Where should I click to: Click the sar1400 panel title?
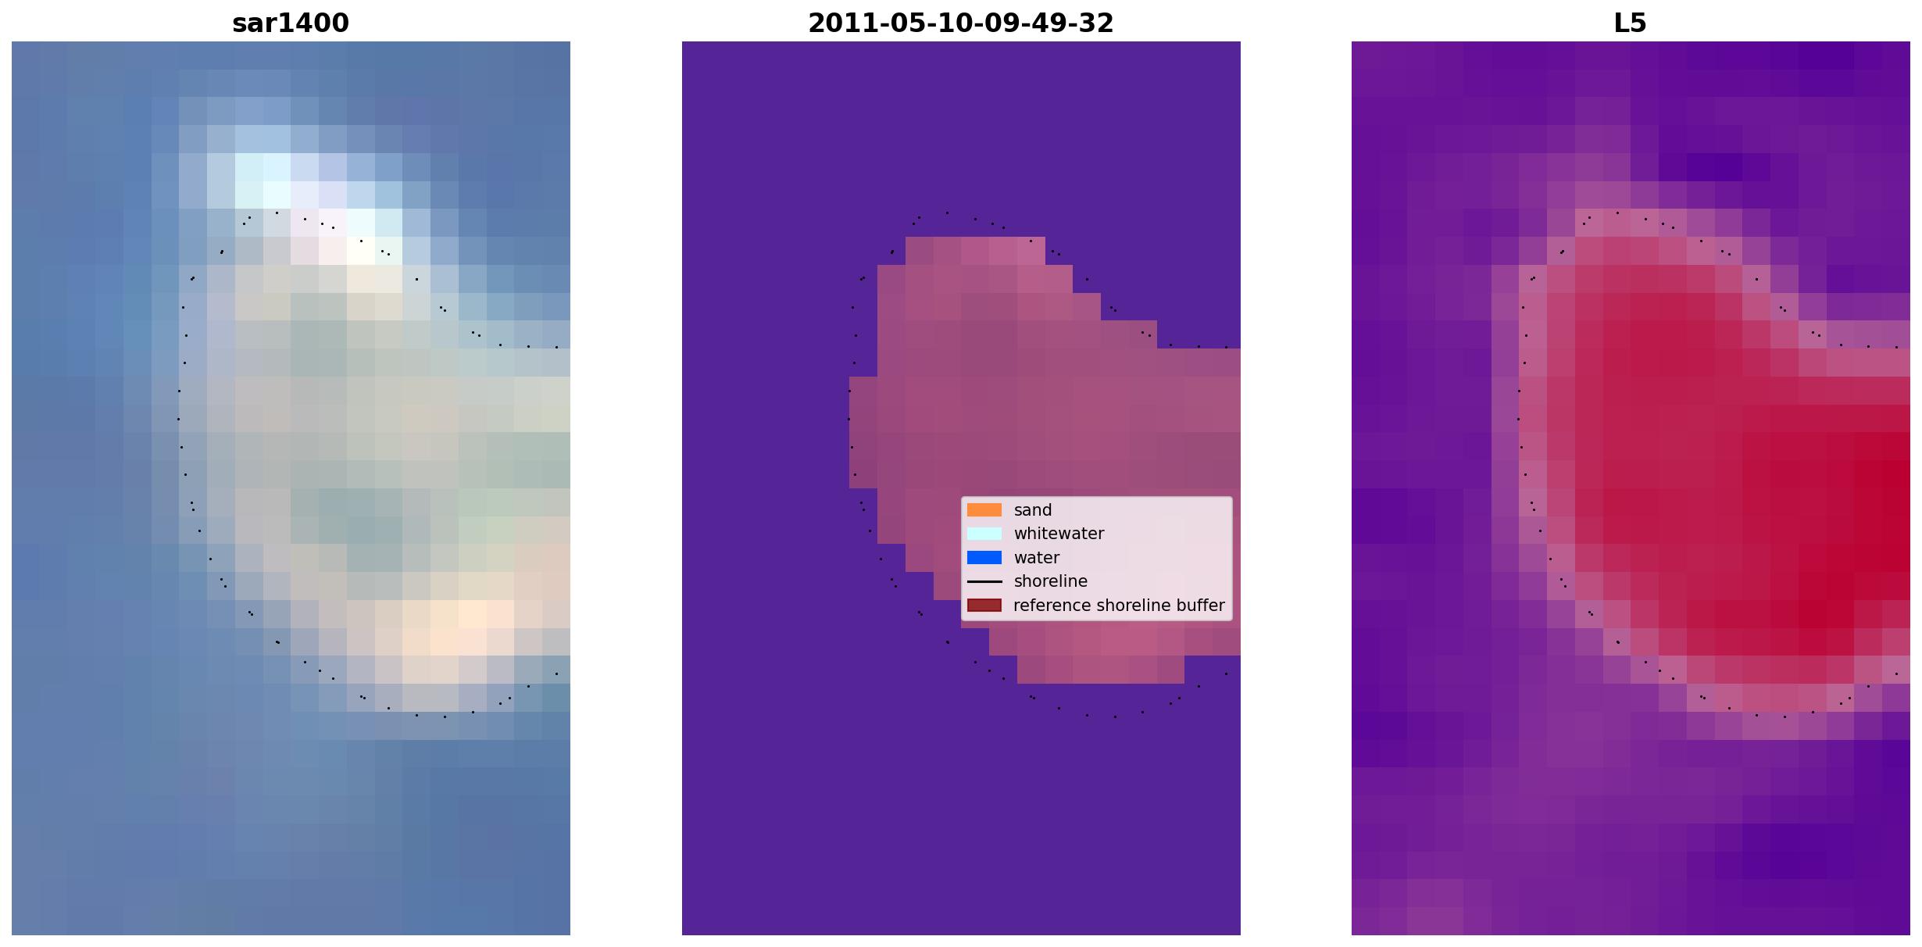(291, 23)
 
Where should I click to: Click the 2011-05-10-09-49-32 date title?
(961, 23)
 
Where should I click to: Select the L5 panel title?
(1631, 23)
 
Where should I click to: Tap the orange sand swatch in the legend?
(984, 510)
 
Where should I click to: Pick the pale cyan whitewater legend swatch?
(984, 534)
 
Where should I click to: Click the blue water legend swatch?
(984, 558)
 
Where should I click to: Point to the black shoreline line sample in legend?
(984, 581)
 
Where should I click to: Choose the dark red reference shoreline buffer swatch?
(984, 606)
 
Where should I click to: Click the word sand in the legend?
(1033, 510)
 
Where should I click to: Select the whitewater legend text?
(1059, 534)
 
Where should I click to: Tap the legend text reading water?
(1037, 558)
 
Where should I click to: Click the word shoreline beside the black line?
(1051, 581)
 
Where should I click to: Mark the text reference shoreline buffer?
(1119, 606)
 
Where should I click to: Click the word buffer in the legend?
(1203, 606)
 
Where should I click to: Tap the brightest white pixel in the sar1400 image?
(360, 251)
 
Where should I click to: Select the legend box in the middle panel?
(1097, 559)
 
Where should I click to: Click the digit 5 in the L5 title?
(1639, 23)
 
